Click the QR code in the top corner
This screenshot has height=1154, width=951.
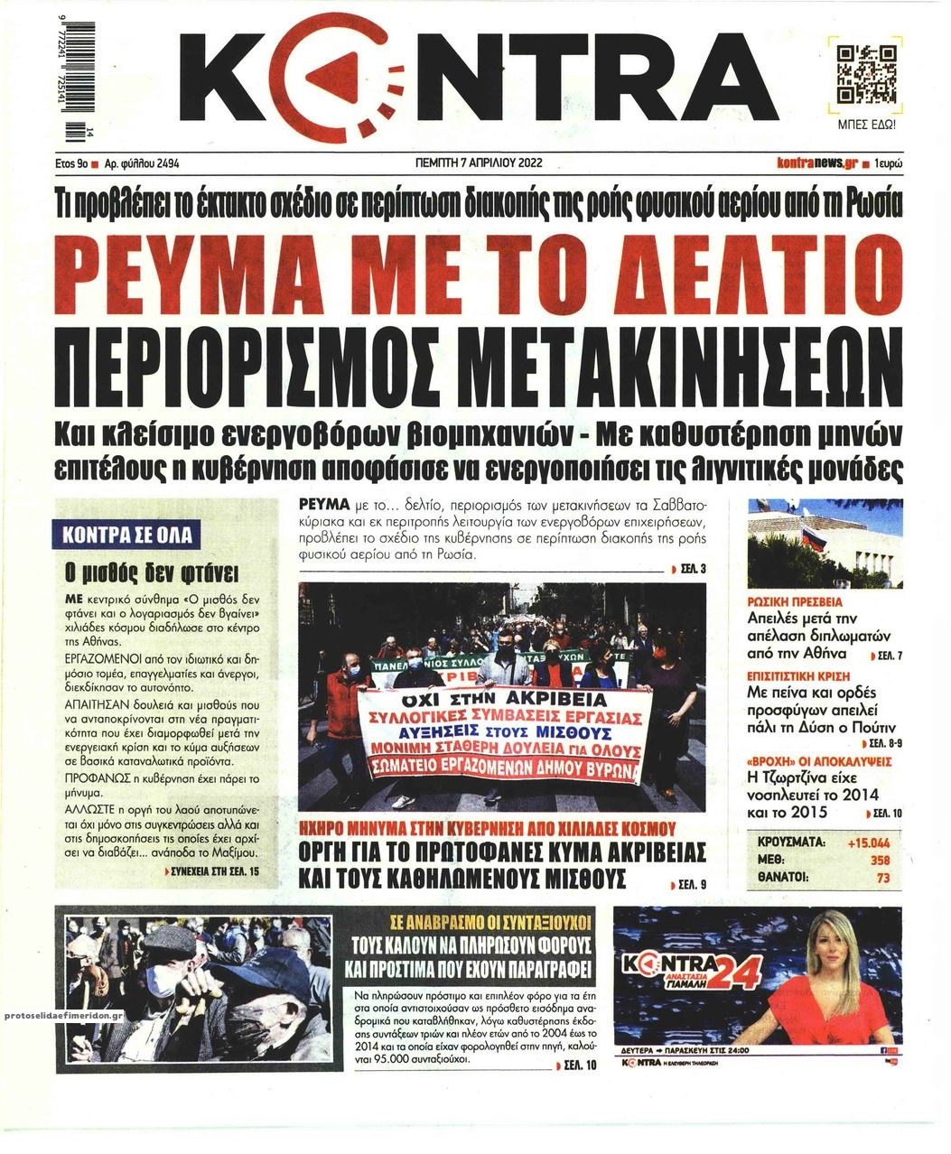[x=866, y=73]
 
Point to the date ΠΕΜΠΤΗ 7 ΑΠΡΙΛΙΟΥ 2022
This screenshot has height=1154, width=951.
[x=475, y=164]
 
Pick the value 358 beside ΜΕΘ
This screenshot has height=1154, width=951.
[x=880, y=860]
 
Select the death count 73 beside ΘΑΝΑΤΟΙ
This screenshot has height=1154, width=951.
[x=883, y=877]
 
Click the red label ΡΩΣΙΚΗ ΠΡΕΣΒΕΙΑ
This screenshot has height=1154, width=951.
[x=795, y=600]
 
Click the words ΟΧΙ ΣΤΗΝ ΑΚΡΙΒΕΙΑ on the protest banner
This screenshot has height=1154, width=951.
[x=495, y=700]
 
